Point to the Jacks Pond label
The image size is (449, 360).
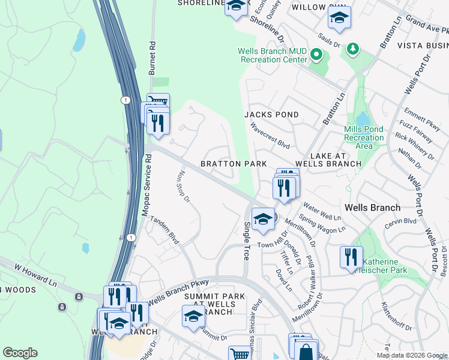(x=271, y=114)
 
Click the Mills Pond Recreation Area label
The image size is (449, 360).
(x=364, y=137)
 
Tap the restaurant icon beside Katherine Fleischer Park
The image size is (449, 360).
(x=351, y=257)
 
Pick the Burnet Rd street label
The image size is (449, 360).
(x=152, y=53)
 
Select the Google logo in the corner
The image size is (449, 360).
(x=20, y=353)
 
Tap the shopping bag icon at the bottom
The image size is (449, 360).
(x=306, y=352)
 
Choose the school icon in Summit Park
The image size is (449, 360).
(x=193, y=316)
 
